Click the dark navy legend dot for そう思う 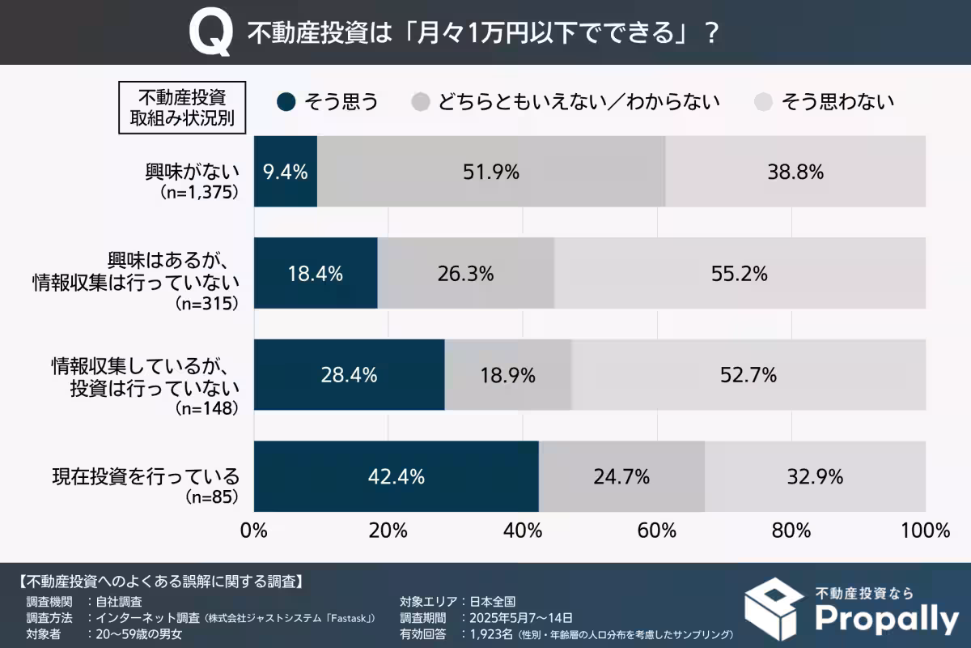pyautogui.click(x=286, y=102)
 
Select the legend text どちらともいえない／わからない pyautogui.click(x=579, y=102)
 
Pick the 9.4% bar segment pyautogui.click(x=286, y=172)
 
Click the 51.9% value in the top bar pyautogui.click(x=491, y=172)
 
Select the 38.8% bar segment pyautogui.click(x=795, y=172)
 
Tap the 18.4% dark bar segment pyautogui.click(x=316, y=274)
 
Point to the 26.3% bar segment pyautogui.click(x=465, y=274)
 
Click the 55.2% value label pyautogui.click(x=740, y=274)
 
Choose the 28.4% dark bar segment pyautogui.click(x=349, y=375)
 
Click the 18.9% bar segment pyautogui.click(x=507, y=375)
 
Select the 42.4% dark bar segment pyautogui.click(x=396, y=477)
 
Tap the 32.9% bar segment pyautogui.click(x=815, y=477)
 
